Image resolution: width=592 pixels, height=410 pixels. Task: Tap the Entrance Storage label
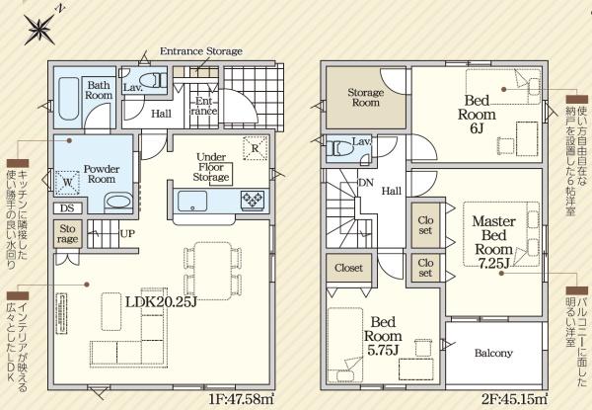click(x=201, y=51)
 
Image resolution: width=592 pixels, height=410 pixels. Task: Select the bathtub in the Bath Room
click(x=69, y=98)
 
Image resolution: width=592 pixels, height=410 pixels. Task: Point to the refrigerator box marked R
click(x=256, y=148)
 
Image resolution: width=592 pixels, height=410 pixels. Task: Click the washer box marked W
click(x=67, y=183)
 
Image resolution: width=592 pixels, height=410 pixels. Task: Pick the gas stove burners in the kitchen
click(x=253, y=200)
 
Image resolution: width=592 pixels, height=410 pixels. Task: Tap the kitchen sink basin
click(x=192, y=201)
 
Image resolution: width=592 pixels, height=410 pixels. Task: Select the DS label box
click(x=67, y=207)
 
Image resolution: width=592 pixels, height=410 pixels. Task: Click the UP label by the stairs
click(x=127, y=233)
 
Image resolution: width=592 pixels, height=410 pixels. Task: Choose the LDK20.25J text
click(x=161, y=302)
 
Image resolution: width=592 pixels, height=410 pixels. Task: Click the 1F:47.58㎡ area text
click(x=241, y=399)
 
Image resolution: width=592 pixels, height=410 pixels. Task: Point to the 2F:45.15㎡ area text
click(x=513, y=399)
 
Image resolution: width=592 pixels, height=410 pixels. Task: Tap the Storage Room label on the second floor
click(x=365, y=97)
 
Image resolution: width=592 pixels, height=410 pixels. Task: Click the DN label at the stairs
click(x=365, y=183)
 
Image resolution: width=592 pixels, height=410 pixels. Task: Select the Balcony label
click(x=493, y=353)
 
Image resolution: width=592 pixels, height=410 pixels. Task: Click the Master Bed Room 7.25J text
click(x=493, y=242)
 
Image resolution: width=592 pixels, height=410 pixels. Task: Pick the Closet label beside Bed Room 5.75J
click(x=348, y=268)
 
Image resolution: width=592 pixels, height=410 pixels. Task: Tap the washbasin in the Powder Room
click(x=118, y=201)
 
